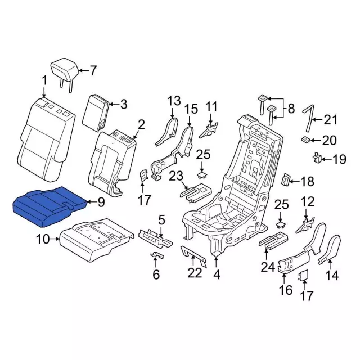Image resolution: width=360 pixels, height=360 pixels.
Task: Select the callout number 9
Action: tap(101, 202)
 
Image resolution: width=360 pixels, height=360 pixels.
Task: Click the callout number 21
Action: tap(331, 120)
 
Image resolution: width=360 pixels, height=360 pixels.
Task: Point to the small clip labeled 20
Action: tap(305, 139)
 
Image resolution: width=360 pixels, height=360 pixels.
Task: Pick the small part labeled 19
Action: tap(317, 157)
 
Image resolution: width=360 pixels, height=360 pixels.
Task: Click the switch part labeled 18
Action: tap(285, 179)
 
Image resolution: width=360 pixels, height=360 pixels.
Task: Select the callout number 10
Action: tap(43, 240)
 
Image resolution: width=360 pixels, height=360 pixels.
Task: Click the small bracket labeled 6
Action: tap(158, 255)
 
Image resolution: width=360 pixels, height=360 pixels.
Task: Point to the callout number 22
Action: tap(195, 273)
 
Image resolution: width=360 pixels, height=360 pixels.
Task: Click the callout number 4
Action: tap(217, 274)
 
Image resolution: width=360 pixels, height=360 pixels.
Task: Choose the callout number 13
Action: tap(174, 101)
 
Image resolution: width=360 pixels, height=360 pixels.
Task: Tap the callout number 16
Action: tap(286, 290)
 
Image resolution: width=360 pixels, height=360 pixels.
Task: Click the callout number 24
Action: tap(268, 267)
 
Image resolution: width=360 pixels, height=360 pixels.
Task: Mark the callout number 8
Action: tap(291, 109)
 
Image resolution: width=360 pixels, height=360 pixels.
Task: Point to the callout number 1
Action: tap(44, 81)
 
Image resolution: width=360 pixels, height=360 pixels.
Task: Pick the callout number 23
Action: tap(176, 176)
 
